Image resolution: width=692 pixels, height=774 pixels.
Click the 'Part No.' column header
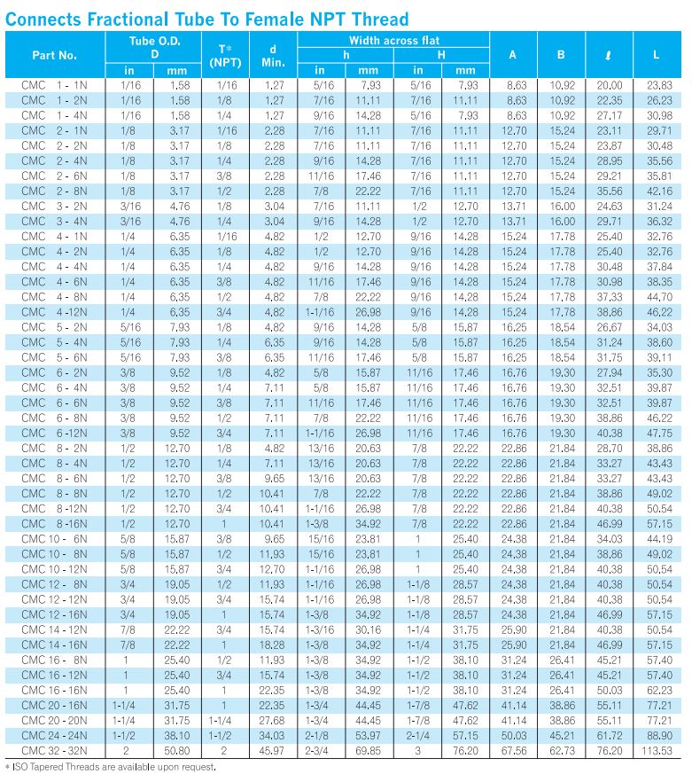pyautogui.click(x=54, y=55)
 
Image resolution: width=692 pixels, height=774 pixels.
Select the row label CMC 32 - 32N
pyautogui.click(x=54, y=751)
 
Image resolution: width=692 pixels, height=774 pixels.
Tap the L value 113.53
pyautogui.click(x=656, y=751)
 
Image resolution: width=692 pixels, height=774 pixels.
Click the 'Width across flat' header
pyautogui.click(x=393, y=41)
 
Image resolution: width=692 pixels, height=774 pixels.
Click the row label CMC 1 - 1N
pyautogui.click(x=54, y=85)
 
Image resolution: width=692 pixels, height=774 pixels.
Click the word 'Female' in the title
pyautogui.click(x=262, y=19)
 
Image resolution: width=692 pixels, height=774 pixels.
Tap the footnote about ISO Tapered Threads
pyautogui.click(x=112, y=766)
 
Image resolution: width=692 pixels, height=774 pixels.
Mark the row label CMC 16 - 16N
pyautogui.click(x=54, y=690)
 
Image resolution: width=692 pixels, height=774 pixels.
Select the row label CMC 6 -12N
pyautogui.click(x=54, y=434)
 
